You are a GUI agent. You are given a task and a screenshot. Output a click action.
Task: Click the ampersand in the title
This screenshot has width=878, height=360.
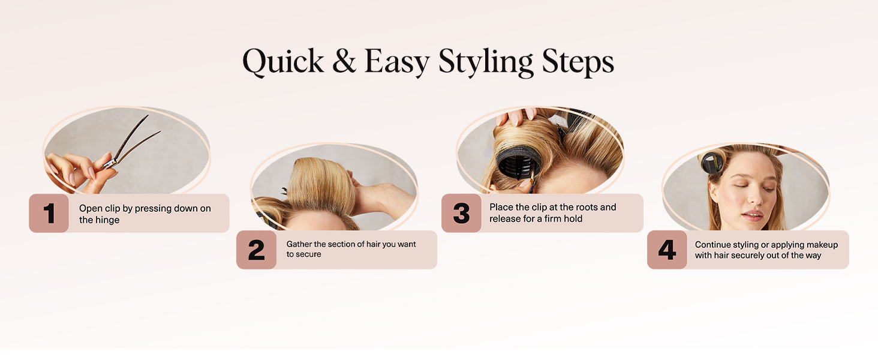tap(344, 62)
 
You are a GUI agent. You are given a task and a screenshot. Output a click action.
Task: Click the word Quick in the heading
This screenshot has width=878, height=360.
tap(283, 62)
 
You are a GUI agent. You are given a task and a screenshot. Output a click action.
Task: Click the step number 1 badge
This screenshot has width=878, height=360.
tap(49, 213)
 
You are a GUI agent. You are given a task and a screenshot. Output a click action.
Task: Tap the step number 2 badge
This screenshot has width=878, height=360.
tap(256, 250)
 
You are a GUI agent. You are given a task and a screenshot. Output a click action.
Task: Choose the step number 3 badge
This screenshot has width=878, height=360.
tap(461, 213)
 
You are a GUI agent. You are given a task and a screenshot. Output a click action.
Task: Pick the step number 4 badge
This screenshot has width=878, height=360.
tap(667, 250)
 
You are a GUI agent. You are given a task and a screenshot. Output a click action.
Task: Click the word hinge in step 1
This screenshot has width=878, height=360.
tap(108, 220)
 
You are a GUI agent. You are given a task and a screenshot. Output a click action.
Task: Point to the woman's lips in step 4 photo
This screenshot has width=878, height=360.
tap(753, 214)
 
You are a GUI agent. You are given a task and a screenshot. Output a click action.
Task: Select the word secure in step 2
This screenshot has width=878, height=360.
tap(309, 254)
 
